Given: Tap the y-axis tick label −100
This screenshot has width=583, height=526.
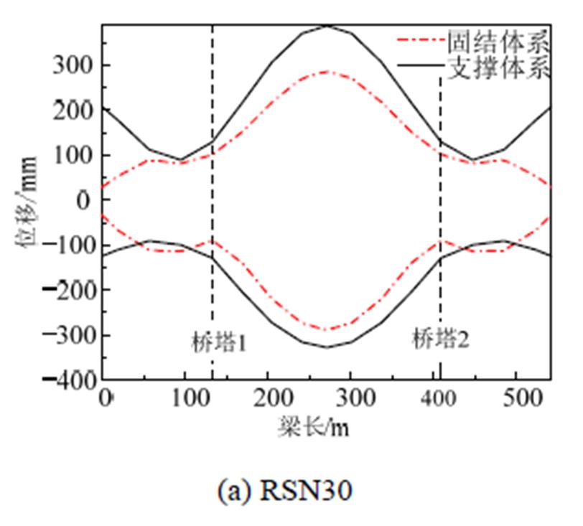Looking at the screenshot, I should [67, 245].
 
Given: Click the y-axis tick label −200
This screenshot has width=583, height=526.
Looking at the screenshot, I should [67, 290].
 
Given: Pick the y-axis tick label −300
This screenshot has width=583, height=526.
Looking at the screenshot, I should [67, 335].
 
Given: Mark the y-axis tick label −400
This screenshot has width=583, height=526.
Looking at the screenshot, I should [67, 380].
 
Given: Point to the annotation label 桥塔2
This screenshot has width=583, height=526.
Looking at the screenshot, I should [440, 338].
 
